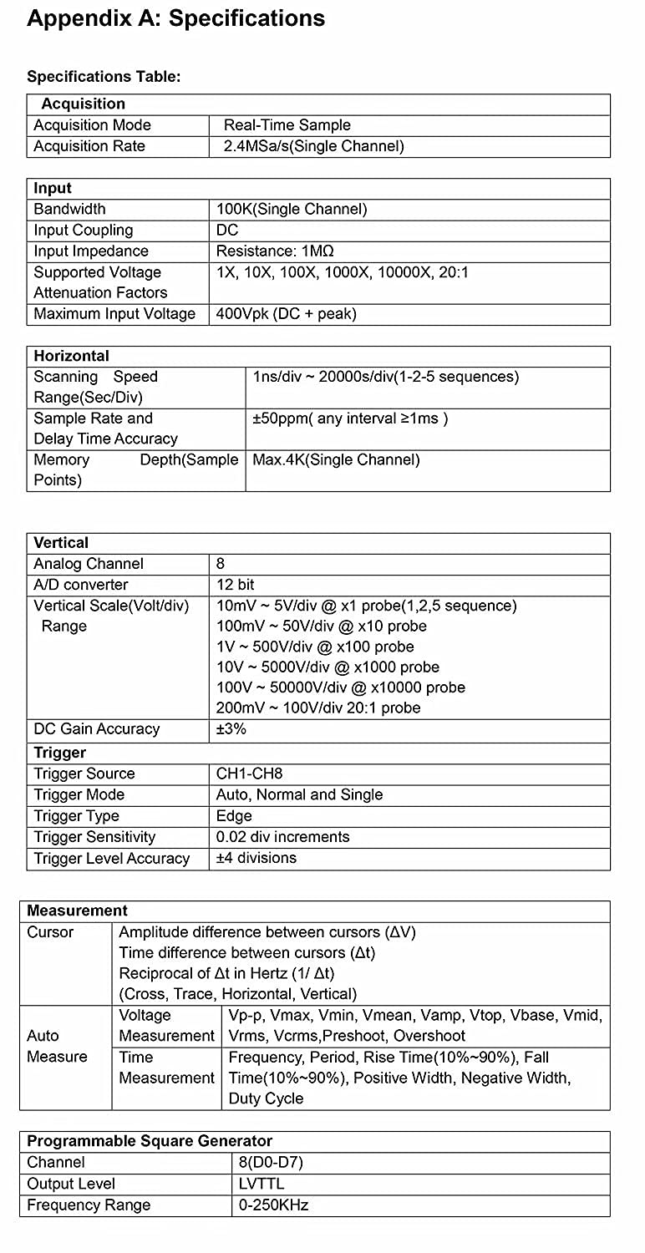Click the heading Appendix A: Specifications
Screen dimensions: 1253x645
(x=176, y=19)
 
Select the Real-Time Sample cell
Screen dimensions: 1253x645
(x=287, y=125)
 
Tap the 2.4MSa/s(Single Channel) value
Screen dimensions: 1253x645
(x=313, y=146)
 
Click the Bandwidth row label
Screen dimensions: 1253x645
(x=69, y=209)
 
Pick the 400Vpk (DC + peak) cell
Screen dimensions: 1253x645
(x=286, y=314)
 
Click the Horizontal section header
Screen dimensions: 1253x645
(x=71, y=356)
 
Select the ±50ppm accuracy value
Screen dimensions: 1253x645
(x=350, y=419)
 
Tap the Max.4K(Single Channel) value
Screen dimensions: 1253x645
(x=336, y=459)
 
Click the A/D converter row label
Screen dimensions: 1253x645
(x=80, y=585)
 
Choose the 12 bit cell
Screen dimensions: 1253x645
(x=235, y=585)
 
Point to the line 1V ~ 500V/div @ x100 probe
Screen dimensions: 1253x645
(x=315, y=647)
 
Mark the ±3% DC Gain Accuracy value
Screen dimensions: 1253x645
(x=231, y=729)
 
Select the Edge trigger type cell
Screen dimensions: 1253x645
(x=233, y=816)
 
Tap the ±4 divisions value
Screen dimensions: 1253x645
(x=256, y=858)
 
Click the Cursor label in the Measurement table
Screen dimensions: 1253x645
(x=50, y=932)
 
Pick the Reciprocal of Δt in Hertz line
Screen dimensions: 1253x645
(x=226, y=973)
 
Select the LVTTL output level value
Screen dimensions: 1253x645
(x=261, y=1184)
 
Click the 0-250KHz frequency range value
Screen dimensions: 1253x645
(x=273, y=1205)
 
